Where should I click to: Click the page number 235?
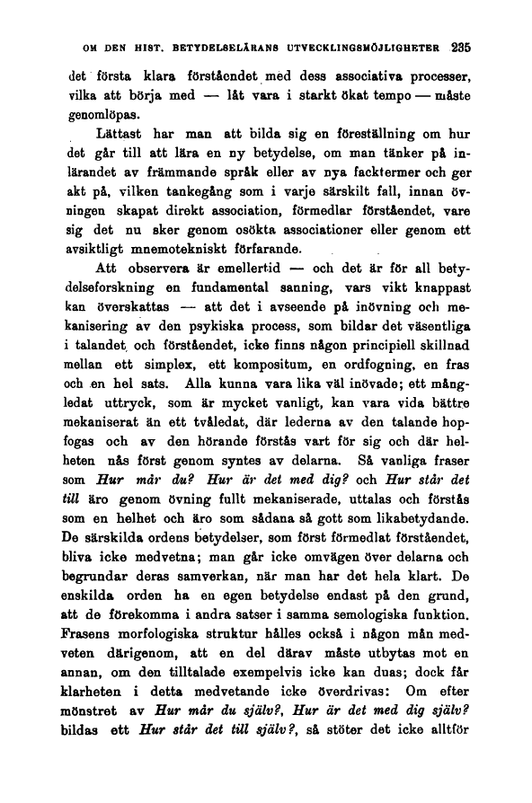(462, 46)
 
